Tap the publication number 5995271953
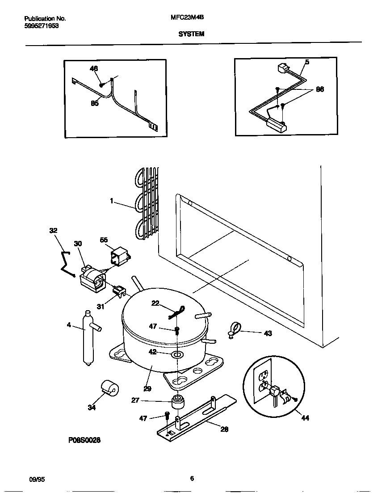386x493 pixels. [x=41, y=26]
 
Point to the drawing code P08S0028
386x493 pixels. [x=84, y=440]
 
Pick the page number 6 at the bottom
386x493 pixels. [x=192, y=479]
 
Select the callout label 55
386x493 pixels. [x=104, y=240]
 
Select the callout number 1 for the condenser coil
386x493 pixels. [x=111, y=201]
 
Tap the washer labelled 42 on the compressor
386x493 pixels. [x=177, y=355]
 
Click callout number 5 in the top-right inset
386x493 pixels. [x=307, y=62]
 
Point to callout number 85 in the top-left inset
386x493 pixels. [x=95, y=103]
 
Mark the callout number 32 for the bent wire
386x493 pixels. [x=54, y=231]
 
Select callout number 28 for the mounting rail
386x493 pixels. [x=224, y=429]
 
